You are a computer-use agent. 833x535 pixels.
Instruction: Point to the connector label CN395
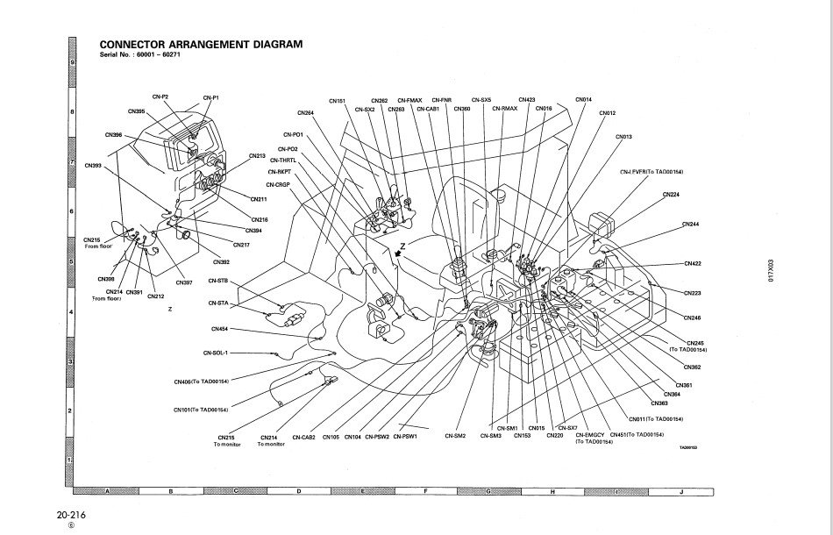pyautogui.click(x=136, y=112)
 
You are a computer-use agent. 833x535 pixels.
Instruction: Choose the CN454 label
pyautogui.click(x=219, y=329)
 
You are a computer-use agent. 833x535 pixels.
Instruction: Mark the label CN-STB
pyautogui.click(x=218, y=281)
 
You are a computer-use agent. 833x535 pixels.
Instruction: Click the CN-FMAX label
pyautogui.click(x=409, y=100)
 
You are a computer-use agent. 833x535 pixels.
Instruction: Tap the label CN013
pyautogui.click(x=623, y=137)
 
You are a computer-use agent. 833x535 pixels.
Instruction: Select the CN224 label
pyautogui.click(x=671, y=194)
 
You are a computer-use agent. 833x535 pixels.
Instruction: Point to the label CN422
pyautogui.click(x=692, y=263)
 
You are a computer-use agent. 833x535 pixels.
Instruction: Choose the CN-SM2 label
pyautogui.click(x=454, y=436)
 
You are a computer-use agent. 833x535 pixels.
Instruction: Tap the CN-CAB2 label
pyautogui.click(x=303, y=437)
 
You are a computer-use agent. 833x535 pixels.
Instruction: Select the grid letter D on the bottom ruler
pyautogui.click(x=299, y=492)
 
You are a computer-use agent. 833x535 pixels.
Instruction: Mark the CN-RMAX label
pyautogui.click(x=504, y=109)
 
